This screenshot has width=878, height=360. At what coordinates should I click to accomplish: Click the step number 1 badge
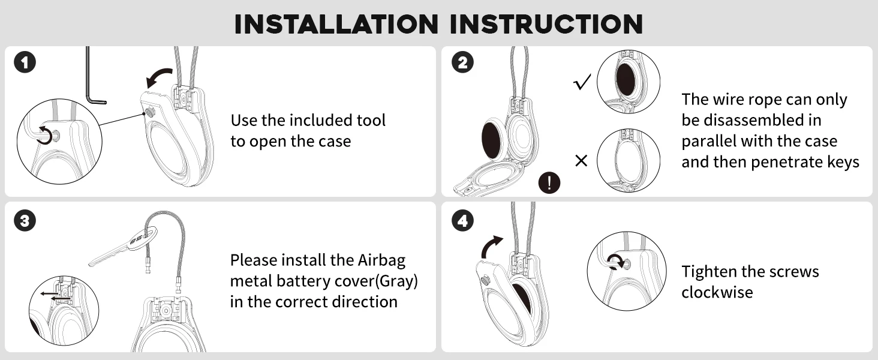tap(25, 62)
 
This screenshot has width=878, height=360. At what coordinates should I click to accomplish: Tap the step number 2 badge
tap(462, 62)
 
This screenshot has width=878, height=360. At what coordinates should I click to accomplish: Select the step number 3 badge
tap(25, 221)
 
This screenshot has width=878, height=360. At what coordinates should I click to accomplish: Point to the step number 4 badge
tap(462, 221)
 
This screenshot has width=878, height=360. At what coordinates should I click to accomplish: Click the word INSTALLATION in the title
tap(336, 24)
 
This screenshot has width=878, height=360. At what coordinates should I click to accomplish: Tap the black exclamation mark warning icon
tap(549, 182)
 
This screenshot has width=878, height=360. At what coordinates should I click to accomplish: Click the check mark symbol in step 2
tap(582, 83)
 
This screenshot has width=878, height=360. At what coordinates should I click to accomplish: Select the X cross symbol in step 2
tap(581, 161)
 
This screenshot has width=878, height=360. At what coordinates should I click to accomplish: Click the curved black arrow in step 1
tap(160, 77)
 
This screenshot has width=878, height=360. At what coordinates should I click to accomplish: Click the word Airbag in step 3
tap(381, 260)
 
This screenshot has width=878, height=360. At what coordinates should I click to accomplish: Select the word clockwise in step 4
tap(717, 292)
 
